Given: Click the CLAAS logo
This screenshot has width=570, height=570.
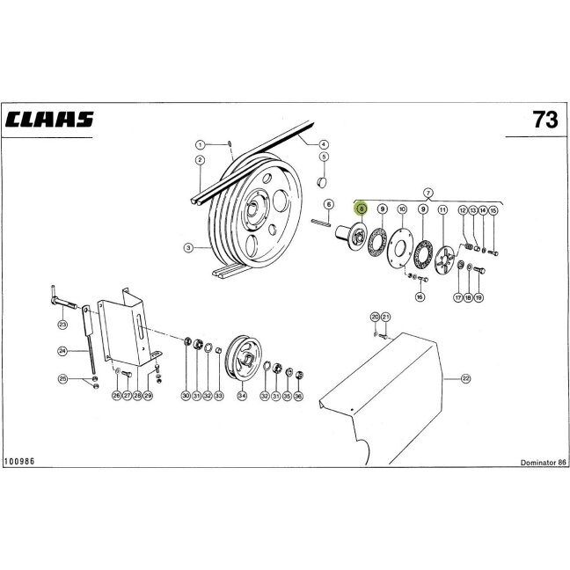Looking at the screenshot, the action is click(x=49, y=120).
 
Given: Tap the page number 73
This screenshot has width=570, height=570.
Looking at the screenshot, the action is click(x=544, y=120).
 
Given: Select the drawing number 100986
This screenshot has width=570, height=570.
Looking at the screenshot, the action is click(x=19, y=461).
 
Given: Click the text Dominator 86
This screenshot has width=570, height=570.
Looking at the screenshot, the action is click(x=543, y=463).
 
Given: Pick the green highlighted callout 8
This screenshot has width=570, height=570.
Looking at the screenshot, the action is click(x=362, y=208).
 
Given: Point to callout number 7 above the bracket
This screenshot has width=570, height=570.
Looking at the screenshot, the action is click(x=428, y=193).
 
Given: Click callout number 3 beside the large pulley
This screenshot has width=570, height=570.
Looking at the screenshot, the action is click(x=188, y=248).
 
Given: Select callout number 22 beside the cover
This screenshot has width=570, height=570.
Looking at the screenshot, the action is click(x=465, y=379).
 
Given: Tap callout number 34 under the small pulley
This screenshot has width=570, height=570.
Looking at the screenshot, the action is click(x=242, y=396).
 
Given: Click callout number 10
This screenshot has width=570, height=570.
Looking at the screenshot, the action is click(x=402, y=209).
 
